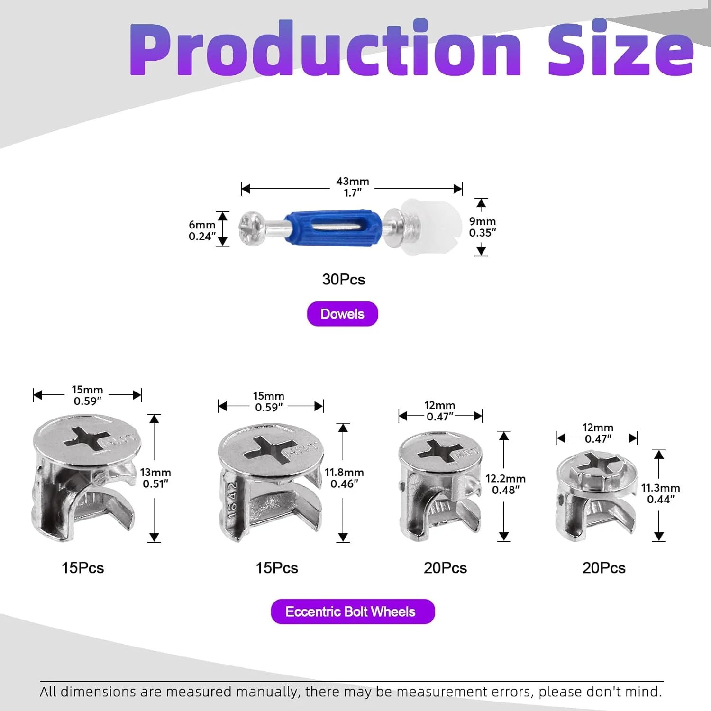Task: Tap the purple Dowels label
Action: [342, 314]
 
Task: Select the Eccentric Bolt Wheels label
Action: [353, 611]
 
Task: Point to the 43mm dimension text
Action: [353, 182]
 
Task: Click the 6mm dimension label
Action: [202, 225]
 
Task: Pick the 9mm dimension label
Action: [483, 221]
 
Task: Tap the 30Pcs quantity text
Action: [344, 279]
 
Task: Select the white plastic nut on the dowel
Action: [431, 227]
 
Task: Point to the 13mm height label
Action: [155, 473]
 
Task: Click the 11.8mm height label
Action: [344, 473]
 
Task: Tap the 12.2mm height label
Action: [505, 479]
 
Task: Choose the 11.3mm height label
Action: [661, 488]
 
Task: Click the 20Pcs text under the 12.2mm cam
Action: [445, 568]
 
